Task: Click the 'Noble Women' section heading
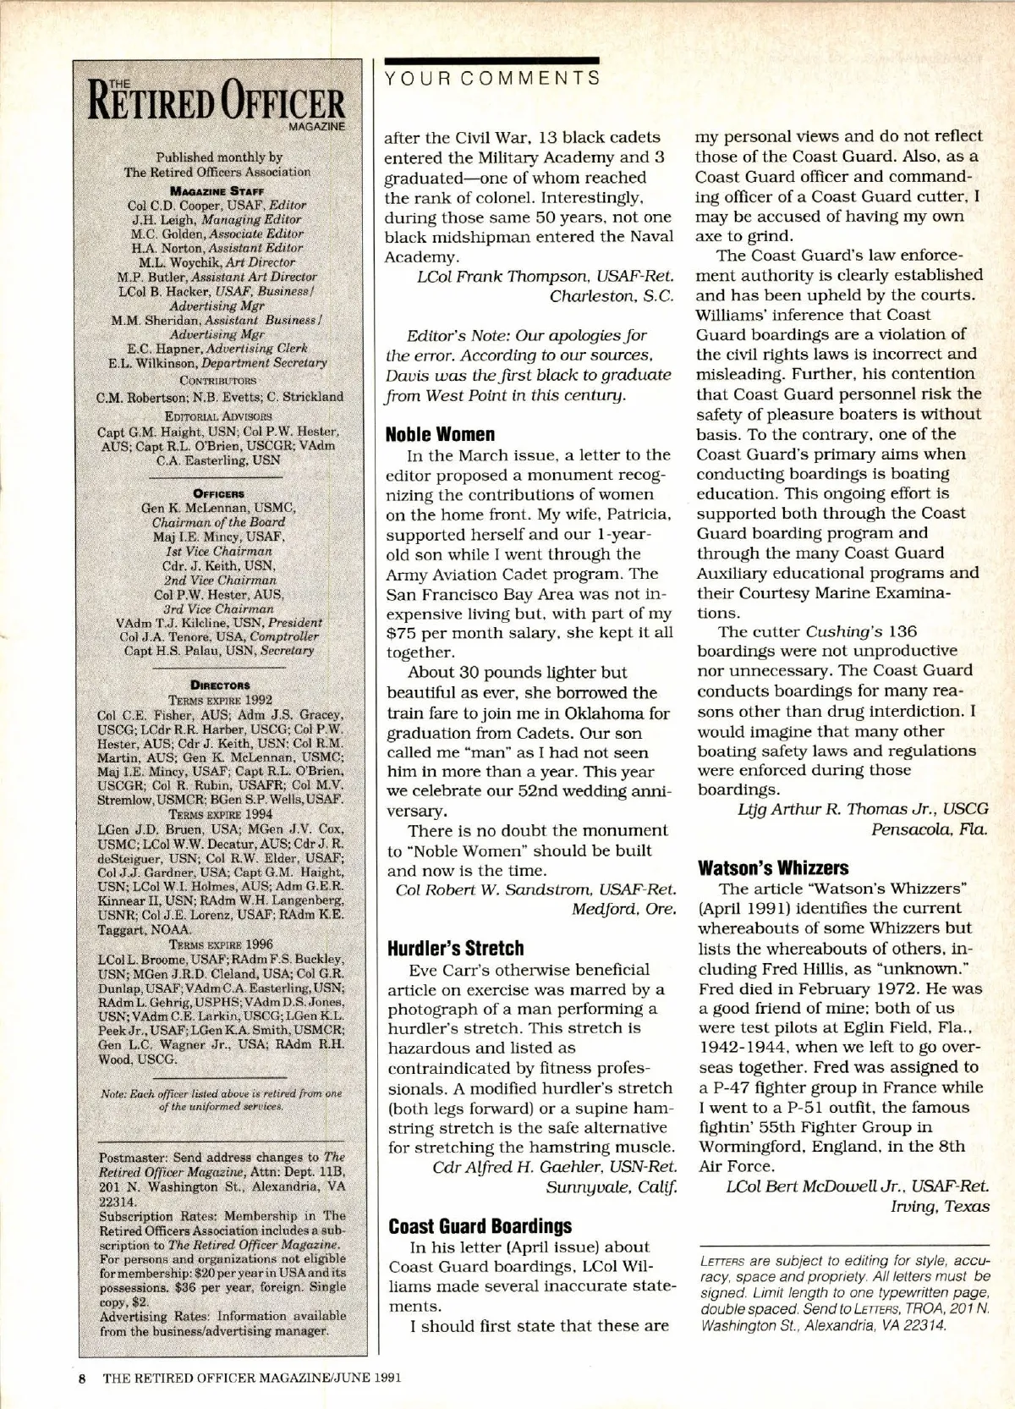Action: [440, 434]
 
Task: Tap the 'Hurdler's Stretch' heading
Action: [455, 948]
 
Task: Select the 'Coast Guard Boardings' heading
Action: [480, 1225]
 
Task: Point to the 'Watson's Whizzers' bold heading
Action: [773, 867]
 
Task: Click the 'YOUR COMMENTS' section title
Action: [492, 79]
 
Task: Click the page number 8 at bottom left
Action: [83, 1377]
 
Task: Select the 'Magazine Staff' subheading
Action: [219, 190]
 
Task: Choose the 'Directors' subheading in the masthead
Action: [220, 685]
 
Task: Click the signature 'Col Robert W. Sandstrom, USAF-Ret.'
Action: [536, 889]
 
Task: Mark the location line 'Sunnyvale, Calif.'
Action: [612, 1186]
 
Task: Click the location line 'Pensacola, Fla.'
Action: [929, 828]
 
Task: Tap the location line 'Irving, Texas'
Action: [940, 1206]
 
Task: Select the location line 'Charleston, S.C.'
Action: [612, 296]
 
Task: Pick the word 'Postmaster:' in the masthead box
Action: [134, 1157]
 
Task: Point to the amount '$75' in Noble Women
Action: [403, 633]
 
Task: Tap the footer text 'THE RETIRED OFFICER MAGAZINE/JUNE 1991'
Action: [251, 1377]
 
